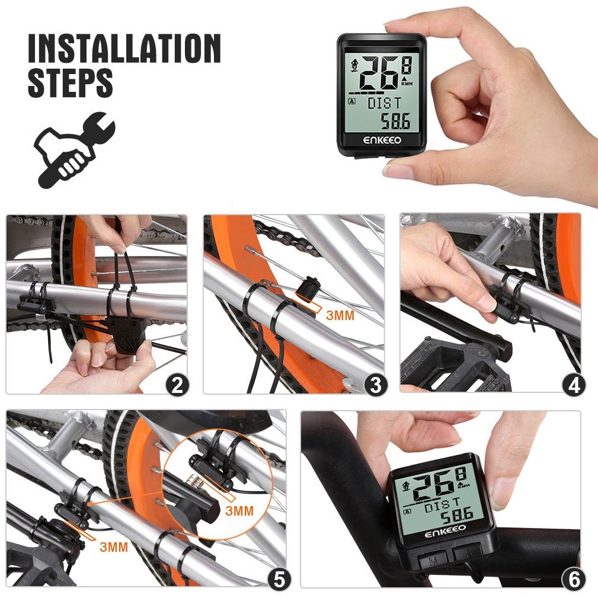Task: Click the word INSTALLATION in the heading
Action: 124,48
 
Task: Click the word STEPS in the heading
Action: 71,82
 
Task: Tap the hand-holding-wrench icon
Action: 74,149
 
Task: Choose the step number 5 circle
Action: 279,580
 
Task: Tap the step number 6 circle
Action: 574,580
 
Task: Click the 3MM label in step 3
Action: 340,315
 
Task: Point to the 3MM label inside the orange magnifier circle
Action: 239,511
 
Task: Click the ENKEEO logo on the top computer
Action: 382,140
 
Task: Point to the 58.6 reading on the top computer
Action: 396,121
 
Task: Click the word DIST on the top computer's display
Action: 385,103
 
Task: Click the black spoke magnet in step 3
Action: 308,289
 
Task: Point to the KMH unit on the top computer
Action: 407,84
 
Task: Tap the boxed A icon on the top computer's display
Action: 352,101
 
